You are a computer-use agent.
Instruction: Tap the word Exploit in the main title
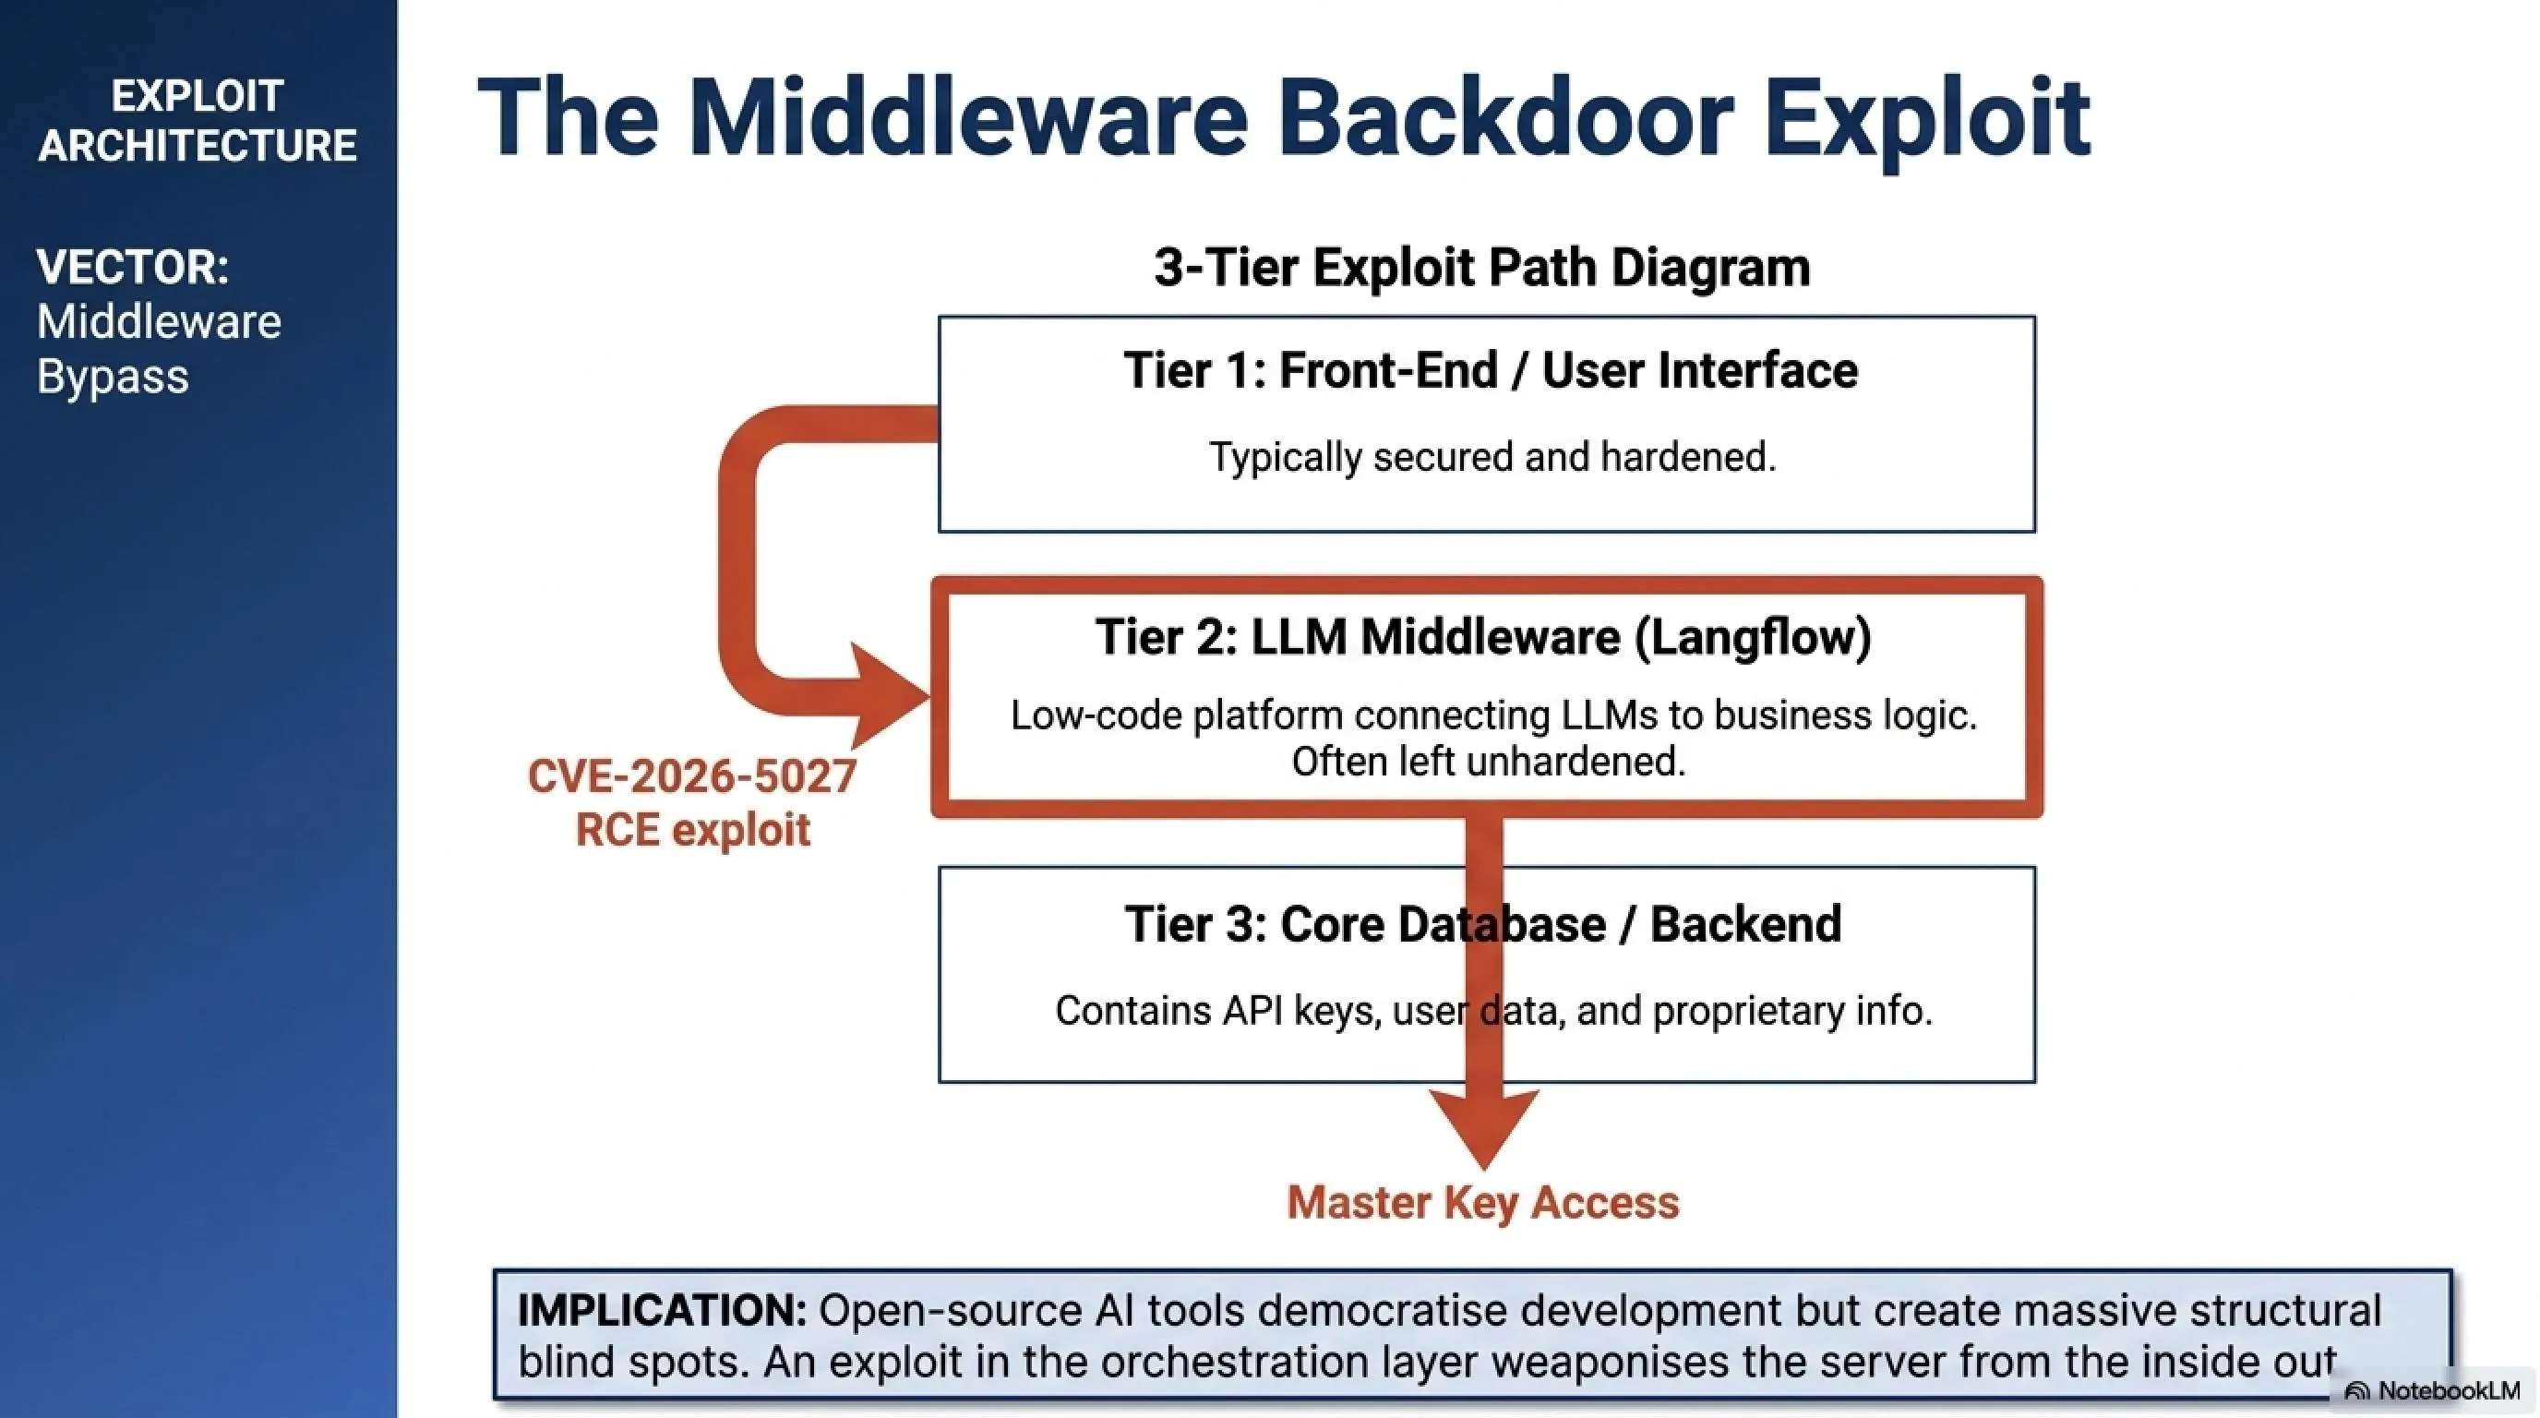(x=1927, y=121)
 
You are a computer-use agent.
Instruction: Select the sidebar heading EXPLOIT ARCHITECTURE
(x=198, y=120)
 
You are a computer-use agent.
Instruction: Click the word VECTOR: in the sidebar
(x=133, y=267)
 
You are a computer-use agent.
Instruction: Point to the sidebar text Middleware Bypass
(x=159, y=349)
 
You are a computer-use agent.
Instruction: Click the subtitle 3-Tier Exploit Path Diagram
(x=1482, y=267)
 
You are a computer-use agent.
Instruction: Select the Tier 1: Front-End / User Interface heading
(x=1491, y=371)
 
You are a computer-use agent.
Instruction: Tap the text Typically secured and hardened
(x=1492, y=457)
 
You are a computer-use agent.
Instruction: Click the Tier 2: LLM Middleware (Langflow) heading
(x=1484, y=636)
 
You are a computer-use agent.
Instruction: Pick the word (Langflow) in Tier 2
(x=1753, y=636)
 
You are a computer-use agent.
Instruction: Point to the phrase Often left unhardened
(x=1489, y=762)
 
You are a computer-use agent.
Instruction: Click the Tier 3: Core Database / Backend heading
(x=1483, y=924)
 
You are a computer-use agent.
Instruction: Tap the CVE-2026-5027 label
(x=692, y=776)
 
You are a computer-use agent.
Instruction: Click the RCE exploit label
(x=693, y=829)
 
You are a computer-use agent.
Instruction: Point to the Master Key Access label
(x=1483, y=1203)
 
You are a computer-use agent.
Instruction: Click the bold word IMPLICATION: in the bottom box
(x=663, y=1311)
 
